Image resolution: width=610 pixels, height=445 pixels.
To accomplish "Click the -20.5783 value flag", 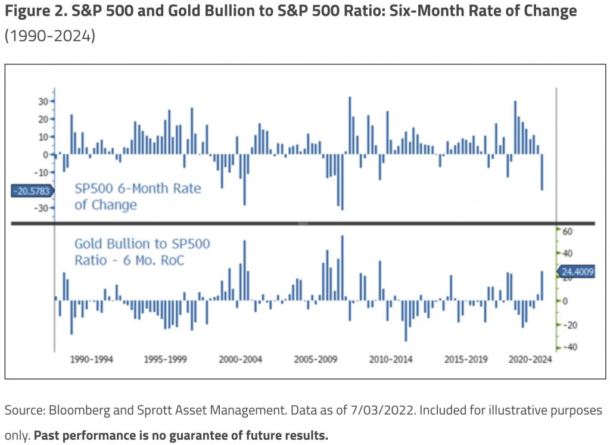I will click(x=32, y=191).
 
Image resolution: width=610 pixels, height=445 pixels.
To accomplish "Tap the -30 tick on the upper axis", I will click(x=42, y=209).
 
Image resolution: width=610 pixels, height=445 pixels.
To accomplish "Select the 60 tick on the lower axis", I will click(x=567, y=231).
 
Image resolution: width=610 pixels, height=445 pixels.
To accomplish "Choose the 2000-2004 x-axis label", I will click(x=240, y=360).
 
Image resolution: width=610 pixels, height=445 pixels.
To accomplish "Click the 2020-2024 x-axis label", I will click(x=530, y=360).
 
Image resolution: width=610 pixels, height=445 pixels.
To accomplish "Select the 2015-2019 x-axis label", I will click(x=466, y=360).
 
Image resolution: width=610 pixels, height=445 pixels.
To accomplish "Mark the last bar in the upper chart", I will click(x=542, y=172).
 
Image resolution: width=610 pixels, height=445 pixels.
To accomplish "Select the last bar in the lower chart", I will click(x=542, y=285).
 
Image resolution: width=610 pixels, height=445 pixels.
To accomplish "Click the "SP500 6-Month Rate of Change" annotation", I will click(x=138, y=196).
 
